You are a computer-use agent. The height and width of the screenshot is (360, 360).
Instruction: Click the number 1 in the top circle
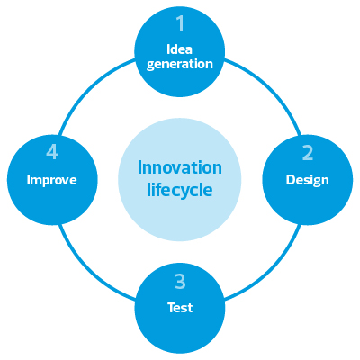coord(180,23)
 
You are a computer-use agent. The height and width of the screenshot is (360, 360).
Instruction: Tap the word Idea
coord(179,49)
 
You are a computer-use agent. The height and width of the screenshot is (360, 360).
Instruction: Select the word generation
coord(180,65)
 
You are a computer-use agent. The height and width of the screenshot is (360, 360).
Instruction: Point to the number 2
coord(308,153)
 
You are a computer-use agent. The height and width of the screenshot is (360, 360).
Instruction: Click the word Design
coord(308,180)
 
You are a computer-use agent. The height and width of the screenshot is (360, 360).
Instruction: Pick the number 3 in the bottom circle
coord(180,282)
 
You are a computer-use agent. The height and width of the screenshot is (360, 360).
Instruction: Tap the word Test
coord(180,308)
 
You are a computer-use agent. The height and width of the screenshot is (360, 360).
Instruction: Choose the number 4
coord(52,153)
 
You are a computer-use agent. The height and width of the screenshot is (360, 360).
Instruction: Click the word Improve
coord(52,180)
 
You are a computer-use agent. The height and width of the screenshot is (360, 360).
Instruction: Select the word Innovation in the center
coord(180,167)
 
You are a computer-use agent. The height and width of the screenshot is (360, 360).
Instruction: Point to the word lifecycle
coord(180,190)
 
